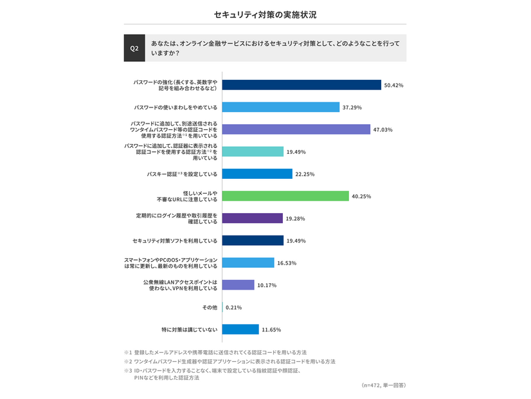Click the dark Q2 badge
pos(134,48)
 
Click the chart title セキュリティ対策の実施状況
pos(265,14)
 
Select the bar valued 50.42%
pos(302,85)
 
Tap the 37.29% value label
pos(353,107)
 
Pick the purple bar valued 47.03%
pos(296,129)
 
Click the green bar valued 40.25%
pos(285,196)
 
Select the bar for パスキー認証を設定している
pos(257,174)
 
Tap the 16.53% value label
pos(287,263)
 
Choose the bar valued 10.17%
pos(239,285)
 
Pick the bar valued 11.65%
pos(241,329)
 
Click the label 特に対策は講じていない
pos(190,330)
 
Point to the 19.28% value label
pos(297,219)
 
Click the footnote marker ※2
pos(128,362)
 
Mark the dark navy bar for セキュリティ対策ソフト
pos(253,241)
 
